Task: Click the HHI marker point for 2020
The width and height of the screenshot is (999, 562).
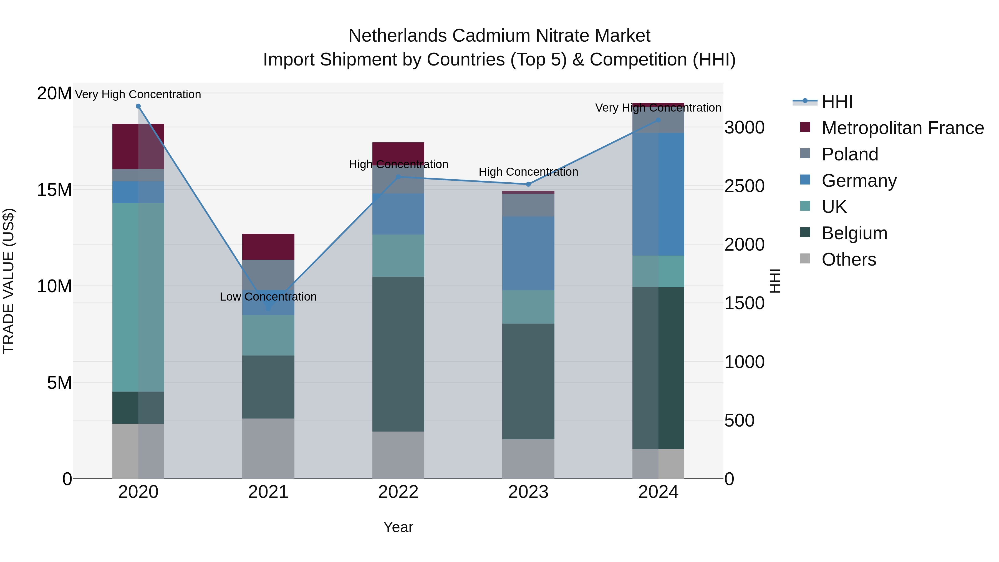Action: click(x=138, y=106)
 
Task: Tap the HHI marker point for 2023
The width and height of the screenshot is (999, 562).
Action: click(x=528, y=184)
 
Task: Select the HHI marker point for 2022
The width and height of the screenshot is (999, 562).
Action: click(x=398, y=177)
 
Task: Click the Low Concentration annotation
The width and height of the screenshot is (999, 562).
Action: click(x=268, y=297)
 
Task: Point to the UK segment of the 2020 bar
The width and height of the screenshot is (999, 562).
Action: click(x=138, y=297)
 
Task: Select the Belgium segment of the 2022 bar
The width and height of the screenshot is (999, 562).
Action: click(x=398, y=354)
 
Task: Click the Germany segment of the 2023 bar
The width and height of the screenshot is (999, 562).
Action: click(x=528, y=253)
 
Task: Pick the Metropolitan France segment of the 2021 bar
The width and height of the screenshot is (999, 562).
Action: click(x=268, y=247)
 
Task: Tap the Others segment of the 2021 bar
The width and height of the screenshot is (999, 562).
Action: click(x=268, y=448)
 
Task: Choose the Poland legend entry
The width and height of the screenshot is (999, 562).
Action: click(x=849, y=154)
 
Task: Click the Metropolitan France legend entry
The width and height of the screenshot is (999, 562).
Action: click(x=902, y=128)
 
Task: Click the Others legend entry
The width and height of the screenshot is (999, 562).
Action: click(x=849, y=259)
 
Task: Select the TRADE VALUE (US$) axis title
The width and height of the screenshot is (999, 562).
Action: click(x=9, y=281)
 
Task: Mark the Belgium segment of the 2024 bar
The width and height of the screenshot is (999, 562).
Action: click(x=658, y=368)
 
